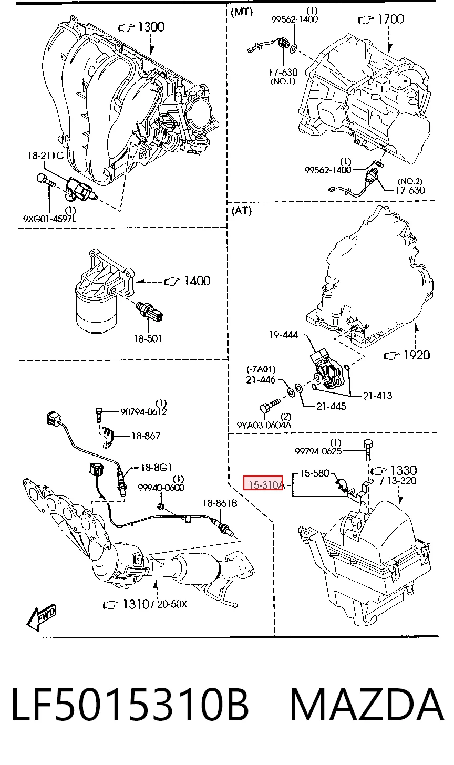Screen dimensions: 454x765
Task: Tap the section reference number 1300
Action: tap(151, 27)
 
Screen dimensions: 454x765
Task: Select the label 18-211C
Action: tap(45, 156)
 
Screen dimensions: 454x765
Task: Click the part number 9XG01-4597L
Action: tap(49, 218)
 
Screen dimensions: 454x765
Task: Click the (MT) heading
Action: tap(242, 12)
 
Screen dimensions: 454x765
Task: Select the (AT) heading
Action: tap(242, 211)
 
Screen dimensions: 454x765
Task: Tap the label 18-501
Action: tap(148, 338)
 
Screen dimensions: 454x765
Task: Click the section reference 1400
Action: tap(197, 281)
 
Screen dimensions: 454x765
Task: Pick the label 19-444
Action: tap(284, 335)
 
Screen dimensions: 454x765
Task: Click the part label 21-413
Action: tap(377, 396)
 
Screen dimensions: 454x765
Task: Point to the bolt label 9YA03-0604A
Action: tap(264, 425)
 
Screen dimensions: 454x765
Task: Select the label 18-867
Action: tap(146, 436)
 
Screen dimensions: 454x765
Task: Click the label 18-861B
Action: tap(220, 503)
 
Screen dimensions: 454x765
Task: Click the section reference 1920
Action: tap(416, 355)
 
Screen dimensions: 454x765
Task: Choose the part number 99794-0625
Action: tap(318, 451)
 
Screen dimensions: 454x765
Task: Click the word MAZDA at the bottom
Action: tap(367, 705)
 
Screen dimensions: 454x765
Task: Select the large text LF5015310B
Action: tap(130, 705)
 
